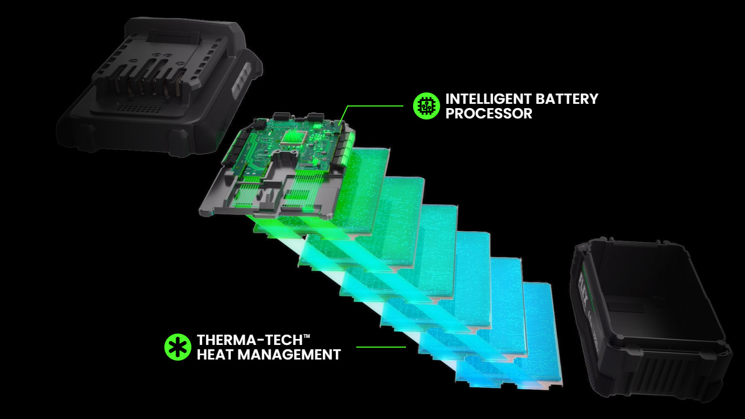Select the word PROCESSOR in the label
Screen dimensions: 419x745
pyautogui.click(x=489, y=114)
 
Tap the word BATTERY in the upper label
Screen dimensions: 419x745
pyautogui.click(x=567, y=99)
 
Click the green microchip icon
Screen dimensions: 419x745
pyautogui.click(x=427, y=106)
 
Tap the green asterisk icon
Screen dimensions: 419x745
pyautogui.click(x=178, y=347)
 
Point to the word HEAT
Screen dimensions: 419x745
pyautogui.click(x=215, y=355)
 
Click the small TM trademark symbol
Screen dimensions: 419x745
pyautogui.click(x=307, y=337)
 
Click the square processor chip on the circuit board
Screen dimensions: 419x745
pyautogui.click(x=292, y=136)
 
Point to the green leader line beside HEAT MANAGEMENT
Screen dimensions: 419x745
pyautogui.click(x=381, y=347)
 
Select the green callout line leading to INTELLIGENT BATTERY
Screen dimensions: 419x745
pyautogui.click(x=373, y=106)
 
